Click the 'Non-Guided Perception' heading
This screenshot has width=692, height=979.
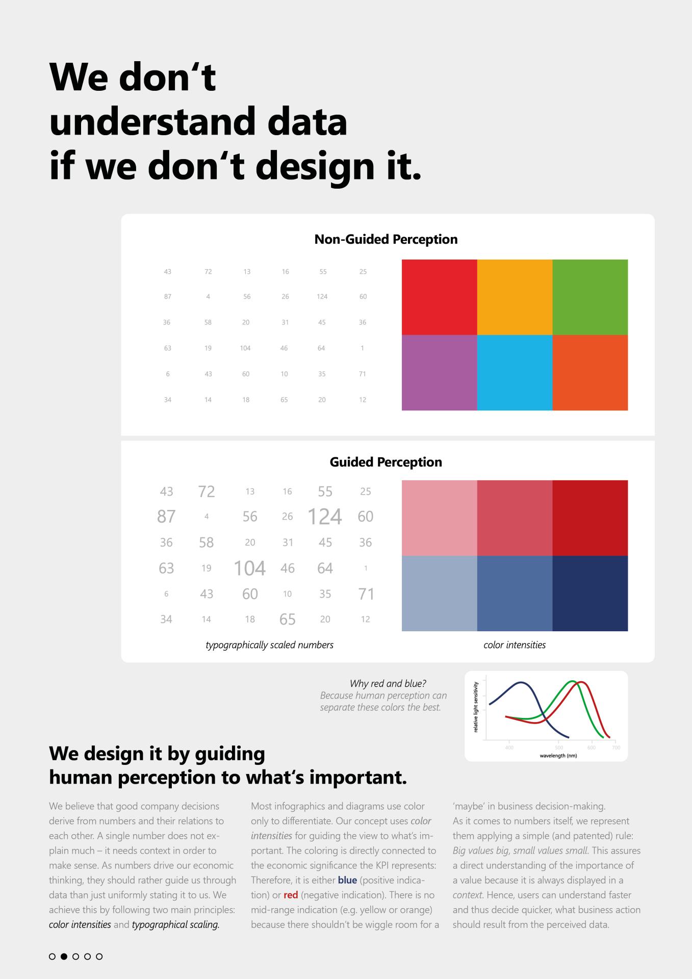(386, 239)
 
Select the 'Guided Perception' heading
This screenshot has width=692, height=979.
(386, 462)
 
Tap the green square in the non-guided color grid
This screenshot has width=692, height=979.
(590, 297)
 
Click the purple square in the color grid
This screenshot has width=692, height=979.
(440, 373)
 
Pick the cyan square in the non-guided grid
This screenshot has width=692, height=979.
(515, 373)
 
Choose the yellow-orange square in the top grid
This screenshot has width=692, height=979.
(515, 297)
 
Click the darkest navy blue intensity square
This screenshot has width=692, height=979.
(590, 594)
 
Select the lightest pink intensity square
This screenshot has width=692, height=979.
(440, 518)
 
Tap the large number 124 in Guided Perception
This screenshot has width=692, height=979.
(325, 517)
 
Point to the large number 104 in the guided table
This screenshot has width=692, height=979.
(250, 568)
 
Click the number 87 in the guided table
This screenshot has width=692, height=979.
(166, 517)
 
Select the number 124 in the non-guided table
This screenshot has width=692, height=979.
(322, 296)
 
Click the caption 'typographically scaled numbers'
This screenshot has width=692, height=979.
(269, 645)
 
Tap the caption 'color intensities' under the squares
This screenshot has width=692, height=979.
(515, 645)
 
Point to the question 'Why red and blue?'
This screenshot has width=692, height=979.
(388, 684)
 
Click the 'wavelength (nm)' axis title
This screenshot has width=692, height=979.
(558, 756)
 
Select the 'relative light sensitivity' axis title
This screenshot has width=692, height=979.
(476, 707)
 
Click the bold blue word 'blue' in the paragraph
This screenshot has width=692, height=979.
(347, 880)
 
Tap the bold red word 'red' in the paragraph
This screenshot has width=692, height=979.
(291, 895)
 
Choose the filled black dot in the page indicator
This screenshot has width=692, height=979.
(64, 957)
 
